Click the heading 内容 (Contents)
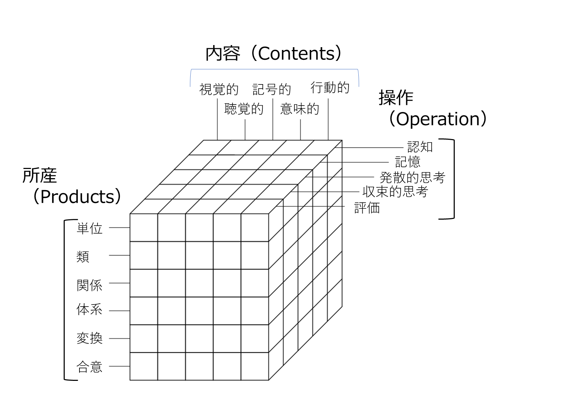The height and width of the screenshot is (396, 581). tap(274, 54)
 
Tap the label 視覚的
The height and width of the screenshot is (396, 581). tap(219, 89)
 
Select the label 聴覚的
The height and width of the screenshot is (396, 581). tap(244, 109)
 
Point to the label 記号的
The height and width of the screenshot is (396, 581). tap(272, 89)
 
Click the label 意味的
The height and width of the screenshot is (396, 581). tap(300, 109)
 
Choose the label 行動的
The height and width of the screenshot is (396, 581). tap(330, 88)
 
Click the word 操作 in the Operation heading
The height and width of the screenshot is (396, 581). tap(396, 98)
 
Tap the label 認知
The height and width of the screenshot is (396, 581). tap(420, 147)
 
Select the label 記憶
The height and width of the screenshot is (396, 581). tap(408, 162)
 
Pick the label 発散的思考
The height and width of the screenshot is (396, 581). tap(413, 177)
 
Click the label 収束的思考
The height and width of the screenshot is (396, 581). tap(395, 192)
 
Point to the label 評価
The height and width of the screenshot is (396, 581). tap(367, 208)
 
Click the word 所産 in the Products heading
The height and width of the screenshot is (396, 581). tap(39, 175)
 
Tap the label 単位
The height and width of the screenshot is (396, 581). tap(89, 229)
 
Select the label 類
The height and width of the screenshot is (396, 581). tap(83, 257)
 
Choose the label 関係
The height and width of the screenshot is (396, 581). tap(89, 285)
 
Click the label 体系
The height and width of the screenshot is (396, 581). tap(89, 309)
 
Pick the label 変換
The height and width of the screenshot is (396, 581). tap(89, 338)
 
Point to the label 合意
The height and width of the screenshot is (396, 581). tap(89, 367)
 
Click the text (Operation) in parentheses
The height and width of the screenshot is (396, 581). tap(438, 119)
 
